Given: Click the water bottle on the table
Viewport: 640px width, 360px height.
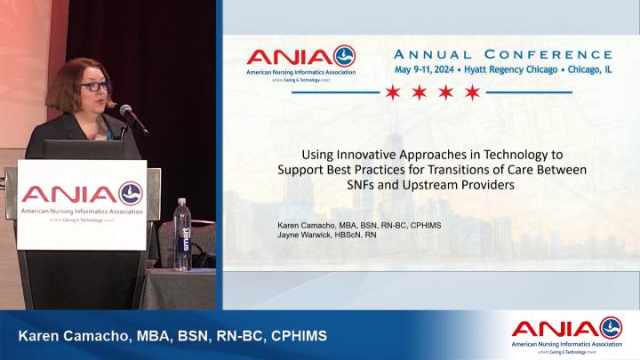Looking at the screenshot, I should (183, 235).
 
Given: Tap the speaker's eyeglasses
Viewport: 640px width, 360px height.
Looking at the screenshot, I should (94, 87).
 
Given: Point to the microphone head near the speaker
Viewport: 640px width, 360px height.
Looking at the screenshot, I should (125, 111).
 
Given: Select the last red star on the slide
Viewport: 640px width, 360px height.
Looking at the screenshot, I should (472, 92).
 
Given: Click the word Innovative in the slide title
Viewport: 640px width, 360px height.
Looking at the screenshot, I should (359, 154).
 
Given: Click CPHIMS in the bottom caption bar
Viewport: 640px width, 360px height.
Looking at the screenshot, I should (297, 335).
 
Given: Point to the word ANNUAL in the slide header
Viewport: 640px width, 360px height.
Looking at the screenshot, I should (439, 54).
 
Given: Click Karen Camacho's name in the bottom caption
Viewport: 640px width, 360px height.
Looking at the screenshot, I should (68, 335).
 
